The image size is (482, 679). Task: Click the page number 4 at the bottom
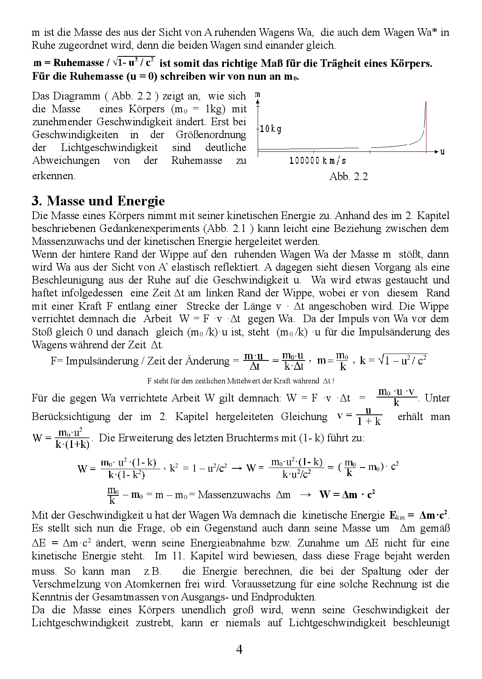(x=239, y=650)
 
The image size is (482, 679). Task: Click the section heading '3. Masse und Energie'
(x=98, y=201)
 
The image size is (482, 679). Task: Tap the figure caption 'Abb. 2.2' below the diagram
(x=348, y=176)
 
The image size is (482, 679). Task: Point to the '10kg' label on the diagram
(x=270, y=129)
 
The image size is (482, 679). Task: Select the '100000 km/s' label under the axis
(x=317, y=161)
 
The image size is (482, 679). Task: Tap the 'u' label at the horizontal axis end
(x=442, y=152)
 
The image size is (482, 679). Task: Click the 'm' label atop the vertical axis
(x=258, y=95)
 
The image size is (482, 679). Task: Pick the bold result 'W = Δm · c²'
(x=347, y=495)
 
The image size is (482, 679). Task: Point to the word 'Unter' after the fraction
(x=437, y=398)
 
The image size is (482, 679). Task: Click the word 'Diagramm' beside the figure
(x=77, y=96)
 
